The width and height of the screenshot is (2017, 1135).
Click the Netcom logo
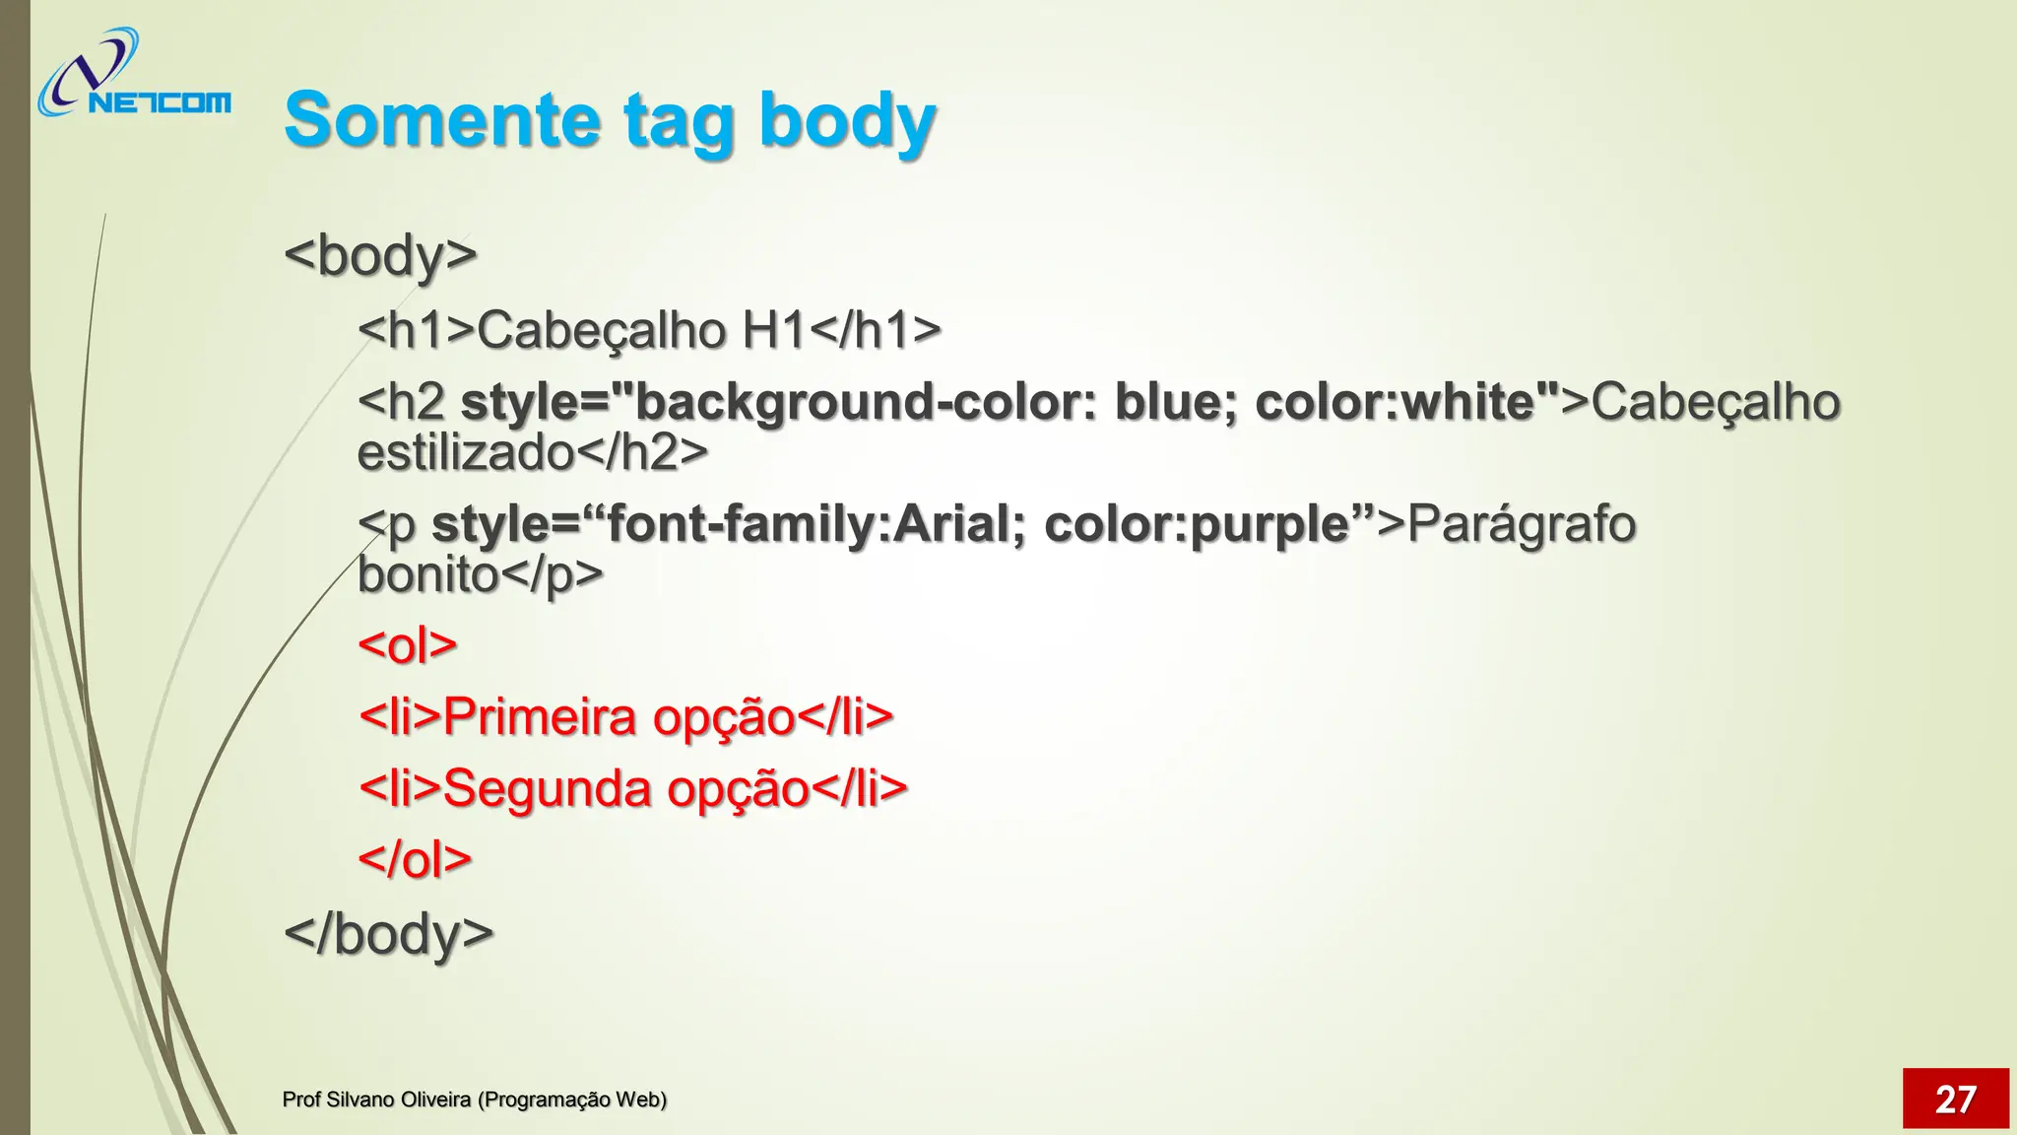click(x=133, y=75)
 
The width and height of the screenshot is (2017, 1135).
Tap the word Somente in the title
click(x=441, y=120)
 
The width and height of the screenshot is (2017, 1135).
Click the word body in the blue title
click(x=847, y=120)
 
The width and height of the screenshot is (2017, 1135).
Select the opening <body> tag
click(x=380, y=255)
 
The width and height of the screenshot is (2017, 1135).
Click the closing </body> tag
click(x=388, y=933)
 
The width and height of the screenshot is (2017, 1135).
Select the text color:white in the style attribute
click(x=1396, y=402)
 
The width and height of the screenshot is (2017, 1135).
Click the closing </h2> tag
click(x=641, y=453)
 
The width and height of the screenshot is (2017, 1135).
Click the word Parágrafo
click(x=1522, y=523)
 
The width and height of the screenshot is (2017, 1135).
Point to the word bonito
click(x=427, y=574)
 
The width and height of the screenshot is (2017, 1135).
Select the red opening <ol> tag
click(x=408, y=645)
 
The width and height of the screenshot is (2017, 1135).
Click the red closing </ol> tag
click(x=415, y=859)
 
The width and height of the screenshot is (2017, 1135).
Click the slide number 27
click(x=1955, y=1099)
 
